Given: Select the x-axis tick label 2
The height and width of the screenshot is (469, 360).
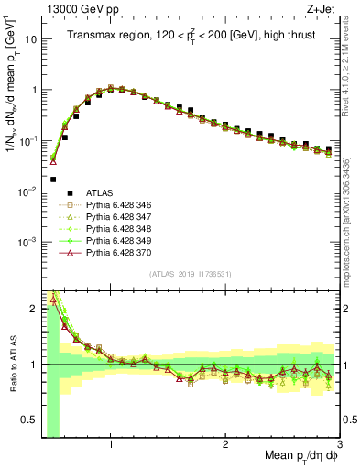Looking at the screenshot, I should pyautogui.click(x=225, y=444).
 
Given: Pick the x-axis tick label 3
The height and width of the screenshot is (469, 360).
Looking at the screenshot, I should pyautogui.click(x=339, y=444).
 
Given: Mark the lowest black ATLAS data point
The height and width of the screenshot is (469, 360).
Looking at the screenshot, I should pyautogui.click(x=53, y=180).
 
